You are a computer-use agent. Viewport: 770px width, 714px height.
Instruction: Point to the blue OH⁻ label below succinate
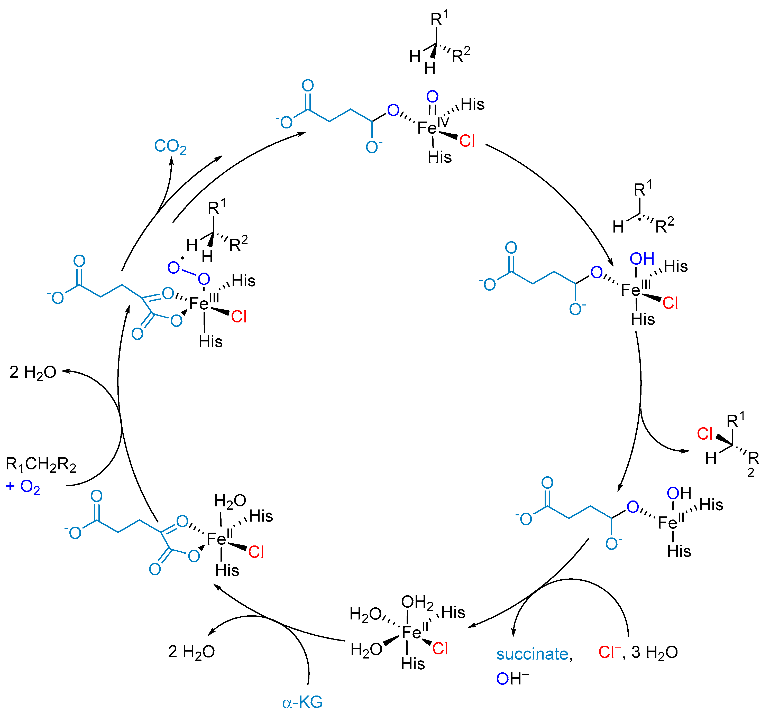tap(512, 679)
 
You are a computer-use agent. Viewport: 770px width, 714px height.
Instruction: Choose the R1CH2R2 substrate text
tap(41, 465)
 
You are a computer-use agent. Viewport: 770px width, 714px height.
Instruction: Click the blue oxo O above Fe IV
tap(432, 97)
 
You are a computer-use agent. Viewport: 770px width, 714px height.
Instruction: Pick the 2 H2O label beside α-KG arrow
tap(191, 652)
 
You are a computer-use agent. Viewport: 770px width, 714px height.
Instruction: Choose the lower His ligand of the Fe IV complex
tap(439, 157)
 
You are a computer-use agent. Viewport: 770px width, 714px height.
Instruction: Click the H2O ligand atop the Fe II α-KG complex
tap(230, 501)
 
